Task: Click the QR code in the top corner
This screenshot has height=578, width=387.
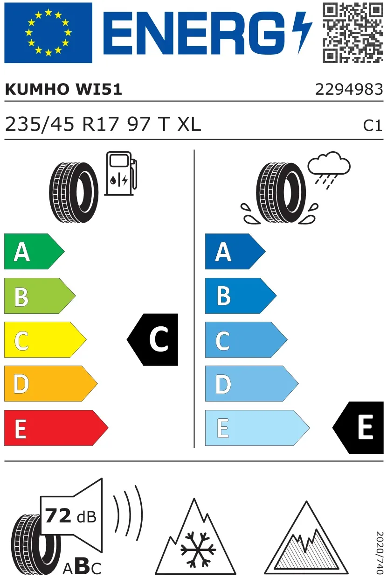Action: coord(353,33)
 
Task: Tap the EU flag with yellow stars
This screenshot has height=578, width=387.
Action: coord(48,33)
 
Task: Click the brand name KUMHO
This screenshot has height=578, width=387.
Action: coord(37,89)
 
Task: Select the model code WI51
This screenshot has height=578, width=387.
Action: coord(98,89)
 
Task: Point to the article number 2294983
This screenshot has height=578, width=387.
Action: coord(349,89)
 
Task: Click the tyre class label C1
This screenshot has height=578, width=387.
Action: coord(373,126)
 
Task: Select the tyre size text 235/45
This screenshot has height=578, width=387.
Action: coord(40,124)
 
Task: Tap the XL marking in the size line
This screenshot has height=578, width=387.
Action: coord(189,124)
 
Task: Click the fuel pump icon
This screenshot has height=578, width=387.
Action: coord(121,173)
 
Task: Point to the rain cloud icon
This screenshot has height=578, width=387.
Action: coord(329,170)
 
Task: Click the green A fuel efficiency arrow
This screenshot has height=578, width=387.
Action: coord(34,251)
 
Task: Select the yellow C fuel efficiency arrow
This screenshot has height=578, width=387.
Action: coord(45,339)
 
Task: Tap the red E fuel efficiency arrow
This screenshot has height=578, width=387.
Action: coord(56,428)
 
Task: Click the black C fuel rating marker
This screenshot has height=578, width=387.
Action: coord(152,339)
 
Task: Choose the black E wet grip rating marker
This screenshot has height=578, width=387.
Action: coord(358,428)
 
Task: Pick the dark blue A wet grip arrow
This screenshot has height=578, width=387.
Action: coord(235,251)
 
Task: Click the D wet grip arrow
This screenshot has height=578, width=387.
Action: coord(252,383)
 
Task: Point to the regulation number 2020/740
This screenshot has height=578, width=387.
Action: coord(380,552)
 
